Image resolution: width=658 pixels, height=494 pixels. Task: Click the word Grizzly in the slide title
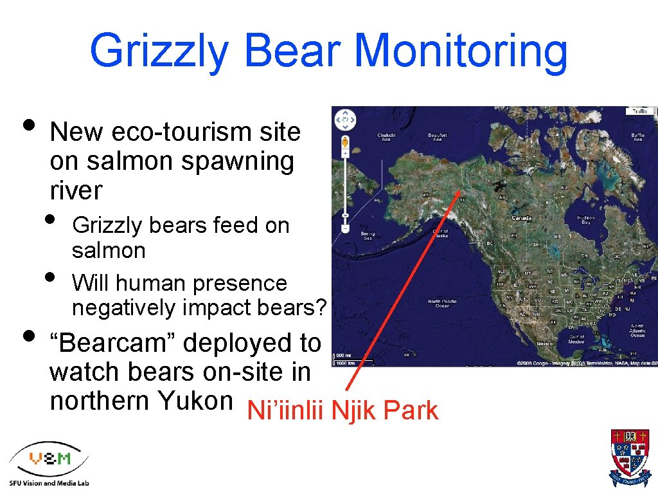(x=158, y=51)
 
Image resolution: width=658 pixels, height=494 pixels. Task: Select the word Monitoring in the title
(x=461, y=51)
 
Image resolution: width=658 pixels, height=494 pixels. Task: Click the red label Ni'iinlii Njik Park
(x=342, y=410)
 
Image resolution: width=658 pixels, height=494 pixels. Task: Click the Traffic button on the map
(x=640, y=111)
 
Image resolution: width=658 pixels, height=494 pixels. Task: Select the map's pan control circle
(x=346, y=119)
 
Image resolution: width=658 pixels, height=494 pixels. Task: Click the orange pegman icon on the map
(x=346, y=142)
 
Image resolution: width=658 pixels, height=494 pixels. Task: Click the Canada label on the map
(x=521, y=217)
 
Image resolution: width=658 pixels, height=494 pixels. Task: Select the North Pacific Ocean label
(x=443, y=303)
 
